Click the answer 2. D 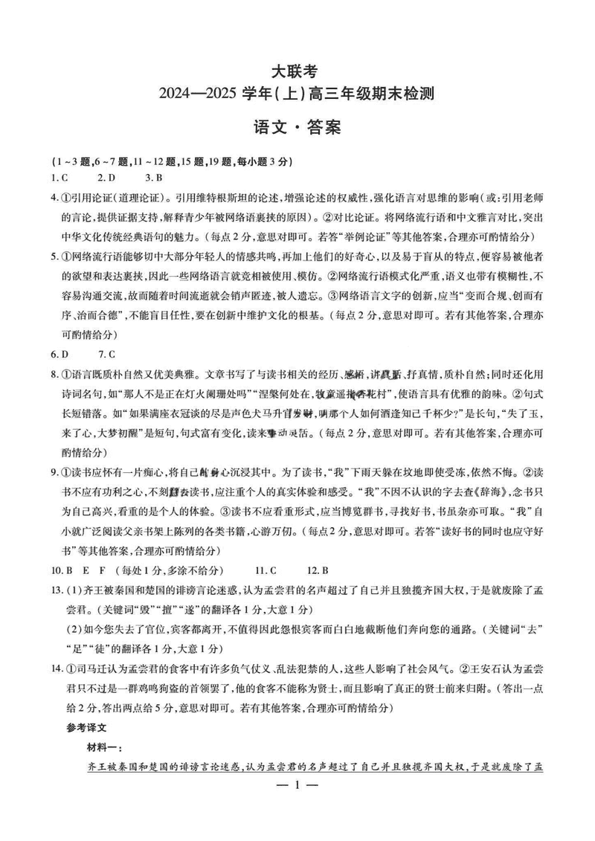pyautogui.click(x=106, y=178)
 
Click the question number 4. pyautogui.click(x=54, y=198)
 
